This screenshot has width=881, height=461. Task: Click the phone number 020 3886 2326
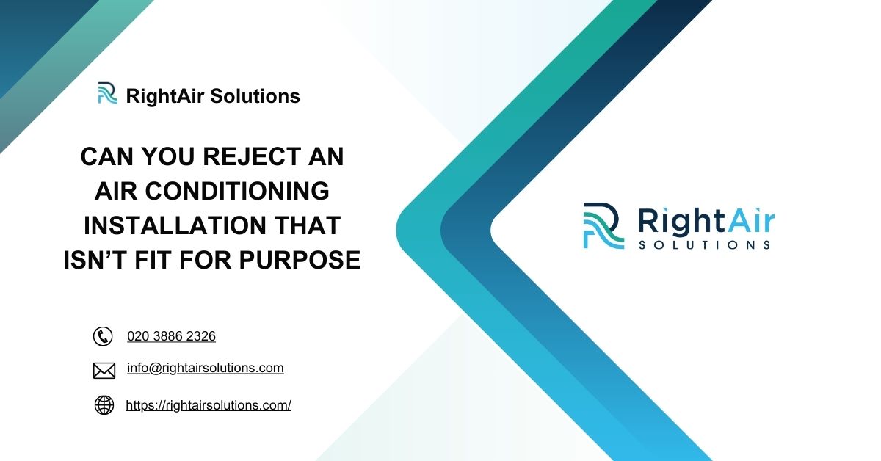[x=171, y=336]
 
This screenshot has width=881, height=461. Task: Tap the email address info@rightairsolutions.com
[x=205, y=369]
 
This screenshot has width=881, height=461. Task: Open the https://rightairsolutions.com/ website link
[x=209, y=405]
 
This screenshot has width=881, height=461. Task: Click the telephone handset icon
[x=103, y=336]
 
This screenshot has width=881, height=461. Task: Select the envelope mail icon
[x=104, y=371]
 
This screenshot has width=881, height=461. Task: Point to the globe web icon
[x=104, y=405]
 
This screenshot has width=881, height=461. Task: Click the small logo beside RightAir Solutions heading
[x=107, y=94]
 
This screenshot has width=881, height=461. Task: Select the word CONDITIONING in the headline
[x=243, y=191]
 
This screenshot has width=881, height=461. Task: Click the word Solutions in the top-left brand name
[x=255, y=96]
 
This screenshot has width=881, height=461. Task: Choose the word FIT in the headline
[x=167, y=259]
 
